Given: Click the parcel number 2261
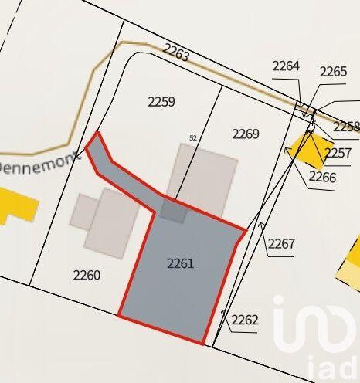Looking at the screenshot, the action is (180, 263).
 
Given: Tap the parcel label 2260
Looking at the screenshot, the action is (87, 274).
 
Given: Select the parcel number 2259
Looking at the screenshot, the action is (161, 101).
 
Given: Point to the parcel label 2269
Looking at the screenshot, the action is (246, 134).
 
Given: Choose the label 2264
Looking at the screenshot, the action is (286, 66).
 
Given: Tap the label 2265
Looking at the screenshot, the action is (333, 72).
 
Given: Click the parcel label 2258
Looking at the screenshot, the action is (346, 126).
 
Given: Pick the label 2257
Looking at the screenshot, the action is (338, 153).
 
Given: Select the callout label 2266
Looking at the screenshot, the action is (322, 177).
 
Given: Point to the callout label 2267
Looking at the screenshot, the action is (281, 244).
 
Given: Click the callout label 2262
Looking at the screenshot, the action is (244, 320).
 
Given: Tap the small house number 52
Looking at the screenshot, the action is (193, 138).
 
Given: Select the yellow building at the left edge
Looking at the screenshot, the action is (15, 204).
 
